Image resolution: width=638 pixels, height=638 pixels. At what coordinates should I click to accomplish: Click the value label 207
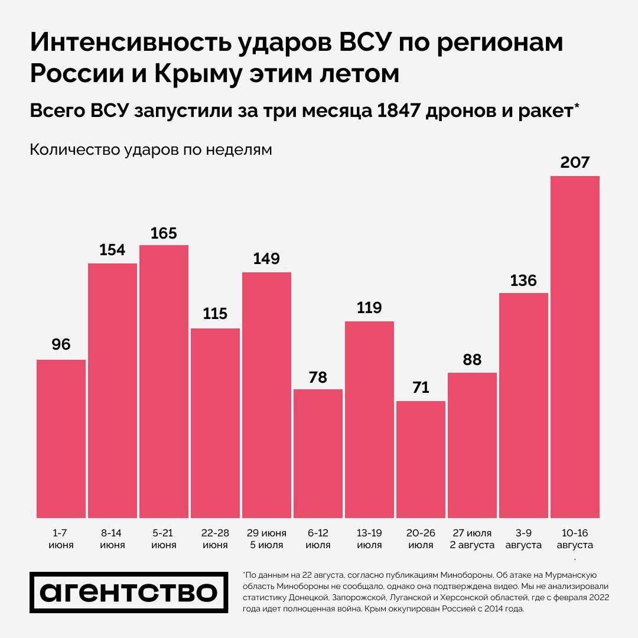(x=575, y=162)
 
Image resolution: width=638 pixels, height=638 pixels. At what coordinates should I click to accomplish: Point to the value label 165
(x=164, y=233)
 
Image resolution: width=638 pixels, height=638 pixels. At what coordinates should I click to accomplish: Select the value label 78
(x=318, y=377)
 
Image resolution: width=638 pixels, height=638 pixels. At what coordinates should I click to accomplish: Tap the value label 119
(x=369, y=308)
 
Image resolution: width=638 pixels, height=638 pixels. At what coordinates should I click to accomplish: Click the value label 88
(x=472, y=360)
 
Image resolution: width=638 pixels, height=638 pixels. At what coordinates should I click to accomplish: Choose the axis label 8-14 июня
(x=112, y=538)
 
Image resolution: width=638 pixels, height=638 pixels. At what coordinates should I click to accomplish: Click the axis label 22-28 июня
(x=215, y=538)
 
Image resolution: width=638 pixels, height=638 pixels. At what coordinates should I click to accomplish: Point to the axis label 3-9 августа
(x=523, y=538)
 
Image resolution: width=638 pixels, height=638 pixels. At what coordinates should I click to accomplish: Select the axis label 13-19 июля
(x=369, y=538)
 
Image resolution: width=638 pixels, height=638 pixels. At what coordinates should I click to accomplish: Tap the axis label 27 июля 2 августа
(x=472, y=538)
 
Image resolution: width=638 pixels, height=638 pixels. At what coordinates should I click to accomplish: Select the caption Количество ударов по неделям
(x=151, y=150)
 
